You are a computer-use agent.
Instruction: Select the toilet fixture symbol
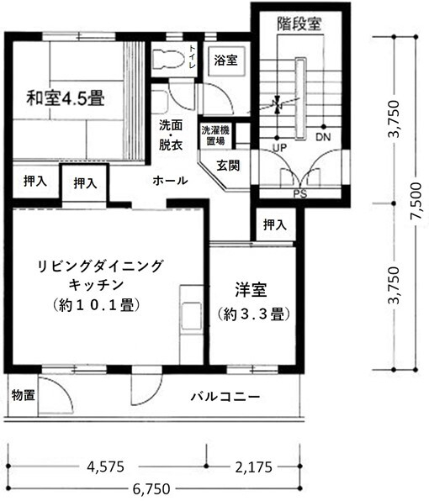point(168,59)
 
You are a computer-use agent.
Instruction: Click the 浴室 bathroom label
point(225,61)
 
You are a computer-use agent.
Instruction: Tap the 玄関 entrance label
point(228,165)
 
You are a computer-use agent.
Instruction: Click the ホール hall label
point(170,181)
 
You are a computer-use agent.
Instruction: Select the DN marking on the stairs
point(321,137)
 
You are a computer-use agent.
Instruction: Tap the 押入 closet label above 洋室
point(274,224)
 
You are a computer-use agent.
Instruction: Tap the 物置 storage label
point(23,395)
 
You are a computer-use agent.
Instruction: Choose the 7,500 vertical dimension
point(415,203)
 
